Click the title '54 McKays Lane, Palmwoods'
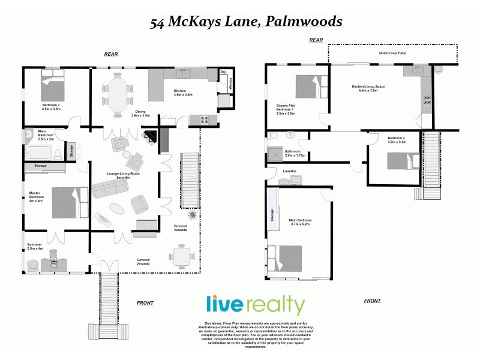coord(246,22)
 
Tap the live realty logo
coord(256,305)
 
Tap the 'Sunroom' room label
coord(35,247)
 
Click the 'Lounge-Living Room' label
coord(123,175)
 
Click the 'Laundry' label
coord(290,171)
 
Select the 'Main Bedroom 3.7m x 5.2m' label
coord(301,222)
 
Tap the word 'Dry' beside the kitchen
coord(223,73)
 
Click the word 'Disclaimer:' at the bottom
coord(205,323)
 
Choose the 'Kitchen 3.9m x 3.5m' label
coord(182,93)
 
